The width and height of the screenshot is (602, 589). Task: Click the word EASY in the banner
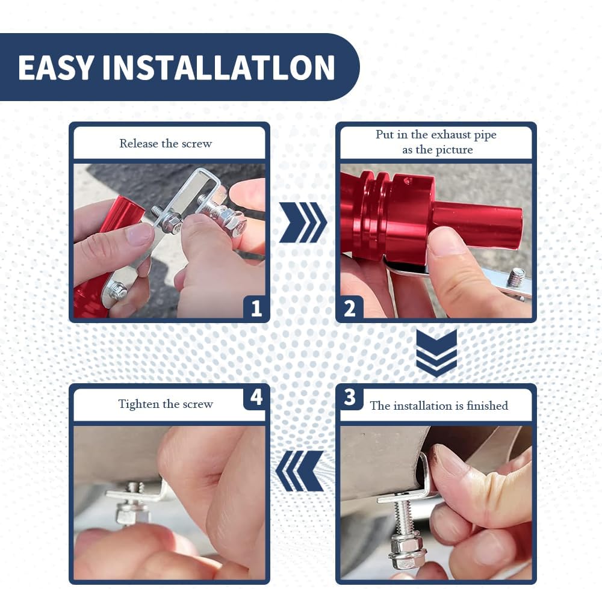(55, 67)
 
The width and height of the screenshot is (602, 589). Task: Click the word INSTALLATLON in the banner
(219, 67)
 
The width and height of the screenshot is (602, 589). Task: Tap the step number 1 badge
(255, 308)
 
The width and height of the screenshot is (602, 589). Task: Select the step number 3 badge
(350, 398)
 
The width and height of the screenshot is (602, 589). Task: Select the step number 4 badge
(255, 398)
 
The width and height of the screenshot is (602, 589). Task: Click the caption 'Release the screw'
(166, 144)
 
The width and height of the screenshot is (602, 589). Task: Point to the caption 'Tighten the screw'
(166, 404)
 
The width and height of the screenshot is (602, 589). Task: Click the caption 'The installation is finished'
(439, 406)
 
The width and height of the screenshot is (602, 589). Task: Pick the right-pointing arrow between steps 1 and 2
(303, 223)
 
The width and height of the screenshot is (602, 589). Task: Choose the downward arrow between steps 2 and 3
(436, 353)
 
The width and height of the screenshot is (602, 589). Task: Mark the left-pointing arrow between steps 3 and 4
(299, 471)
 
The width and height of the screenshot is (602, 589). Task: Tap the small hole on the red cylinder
(408, 179)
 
